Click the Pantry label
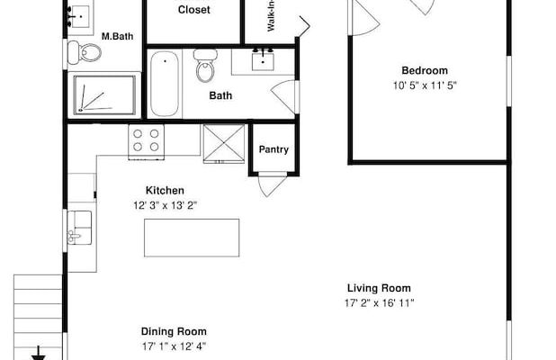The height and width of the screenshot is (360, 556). point(274,149)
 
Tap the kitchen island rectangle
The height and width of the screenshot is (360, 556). point(192,238)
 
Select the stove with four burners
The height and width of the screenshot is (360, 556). point(146,142)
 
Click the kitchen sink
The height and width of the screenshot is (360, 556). point(79,228)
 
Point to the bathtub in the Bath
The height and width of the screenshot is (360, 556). point(165,84)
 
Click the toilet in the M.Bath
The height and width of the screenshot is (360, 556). point(85,52)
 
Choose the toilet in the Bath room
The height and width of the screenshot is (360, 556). point(205,66)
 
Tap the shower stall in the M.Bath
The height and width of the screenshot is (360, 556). point(104,95)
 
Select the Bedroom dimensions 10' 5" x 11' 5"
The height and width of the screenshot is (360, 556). point(425,85)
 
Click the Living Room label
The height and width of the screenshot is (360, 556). point(379,288)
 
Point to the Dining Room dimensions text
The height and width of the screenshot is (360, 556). point(175,346)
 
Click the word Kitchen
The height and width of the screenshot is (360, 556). point(165,191)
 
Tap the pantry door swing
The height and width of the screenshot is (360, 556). point(272,184)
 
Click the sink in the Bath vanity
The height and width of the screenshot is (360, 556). point(263,60)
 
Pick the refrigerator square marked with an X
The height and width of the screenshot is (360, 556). point(224,144)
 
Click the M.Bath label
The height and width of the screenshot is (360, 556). point(117,36)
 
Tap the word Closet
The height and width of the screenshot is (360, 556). point(194,10)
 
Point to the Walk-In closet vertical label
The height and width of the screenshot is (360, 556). point(272,16)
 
